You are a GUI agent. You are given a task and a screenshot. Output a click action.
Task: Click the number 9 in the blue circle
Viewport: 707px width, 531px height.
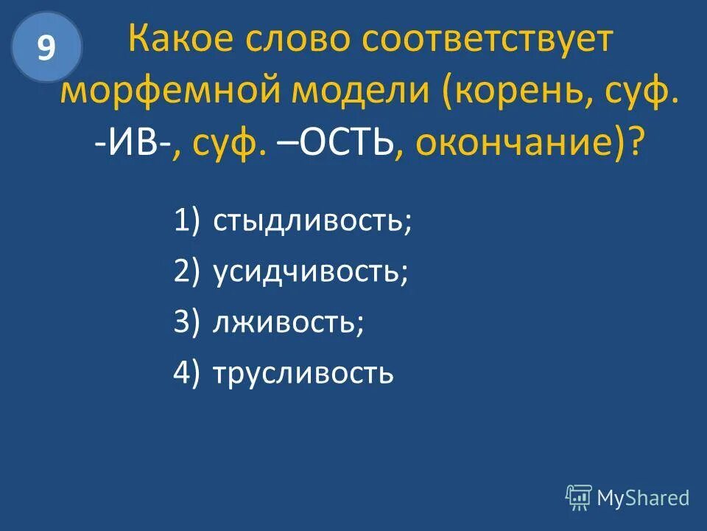coord(46,48)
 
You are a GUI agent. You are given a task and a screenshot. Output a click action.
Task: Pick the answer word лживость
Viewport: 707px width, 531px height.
coord(288,323)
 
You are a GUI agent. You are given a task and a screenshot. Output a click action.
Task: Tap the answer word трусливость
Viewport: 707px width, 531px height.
coord(303,374)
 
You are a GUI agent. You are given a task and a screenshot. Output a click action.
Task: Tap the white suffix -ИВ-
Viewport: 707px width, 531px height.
coord(132,142)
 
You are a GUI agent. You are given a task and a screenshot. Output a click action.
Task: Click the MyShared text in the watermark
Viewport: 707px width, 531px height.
coord(643,498)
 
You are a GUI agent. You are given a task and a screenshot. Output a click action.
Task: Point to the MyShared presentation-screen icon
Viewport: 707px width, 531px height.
coord(579,498)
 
